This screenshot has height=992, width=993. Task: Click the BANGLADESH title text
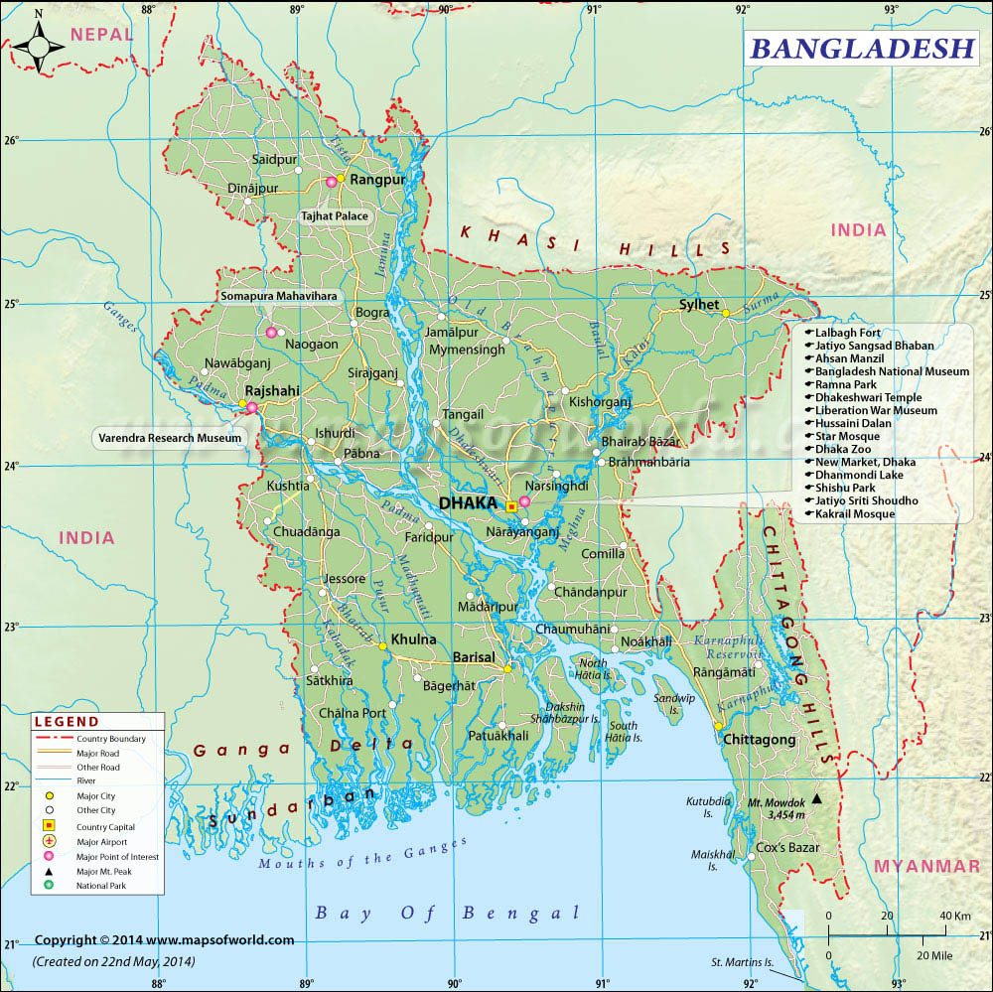[x=860, y=47]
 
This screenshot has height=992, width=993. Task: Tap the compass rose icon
[x=39, y=45]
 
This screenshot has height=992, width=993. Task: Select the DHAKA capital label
[x=467, y=503]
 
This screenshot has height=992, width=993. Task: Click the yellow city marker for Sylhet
[x=726, y=313]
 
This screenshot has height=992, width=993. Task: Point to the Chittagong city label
[x=760, y=740]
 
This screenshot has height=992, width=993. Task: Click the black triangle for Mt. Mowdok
[x=817, y=798]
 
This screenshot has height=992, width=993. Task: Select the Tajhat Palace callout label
[x=335, y=215]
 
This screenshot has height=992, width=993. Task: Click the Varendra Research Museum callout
[x=169, y=437]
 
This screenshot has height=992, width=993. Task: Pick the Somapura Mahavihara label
[x=278, y=296]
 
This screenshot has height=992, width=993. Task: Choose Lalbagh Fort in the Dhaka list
[x=848, y=333]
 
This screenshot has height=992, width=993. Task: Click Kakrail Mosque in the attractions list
[x=855, y=513]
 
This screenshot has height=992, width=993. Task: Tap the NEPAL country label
[x=101, y=34]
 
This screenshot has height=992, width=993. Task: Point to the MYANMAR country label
[x=925, y=867]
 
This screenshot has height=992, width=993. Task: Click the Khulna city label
[x=413, y=639]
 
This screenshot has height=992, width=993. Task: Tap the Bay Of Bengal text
[x=446, y=913]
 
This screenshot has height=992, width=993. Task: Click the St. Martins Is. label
[x=741, y=962]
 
